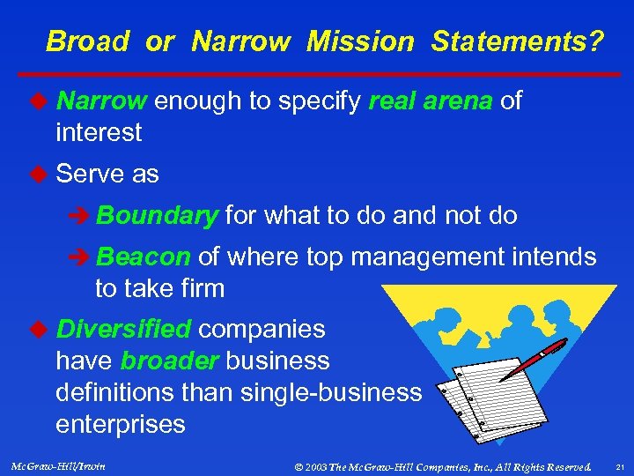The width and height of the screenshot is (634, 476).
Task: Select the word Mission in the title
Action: click(359, 41)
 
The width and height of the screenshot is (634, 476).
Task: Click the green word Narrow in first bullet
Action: click(100, 101)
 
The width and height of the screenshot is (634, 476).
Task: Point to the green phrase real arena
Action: click(431, 101)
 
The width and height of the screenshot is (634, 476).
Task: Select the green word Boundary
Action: click(158, 215)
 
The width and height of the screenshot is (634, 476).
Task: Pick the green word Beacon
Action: click(144, 257)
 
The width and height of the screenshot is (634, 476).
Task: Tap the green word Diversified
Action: click(123, 329)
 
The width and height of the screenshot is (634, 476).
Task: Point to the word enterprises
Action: click(121, 424)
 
